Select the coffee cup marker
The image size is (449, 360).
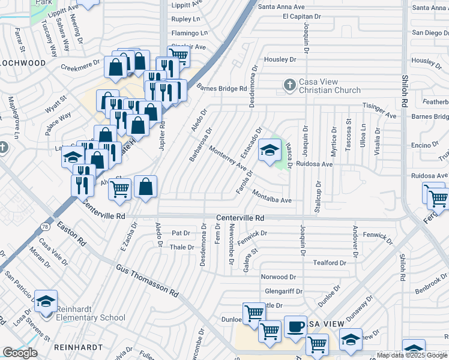295,327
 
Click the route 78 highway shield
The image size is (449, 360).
45,209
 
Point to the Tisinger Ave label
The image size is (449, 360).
379,110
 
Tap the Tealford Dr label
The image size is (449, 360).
330,263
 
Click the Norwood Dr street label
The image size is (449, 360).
279,277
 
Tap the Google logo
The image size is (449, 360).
20,353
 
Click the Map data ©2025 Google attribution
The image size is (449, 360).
412,355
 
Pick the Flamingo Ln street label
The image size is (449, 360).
189,33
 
